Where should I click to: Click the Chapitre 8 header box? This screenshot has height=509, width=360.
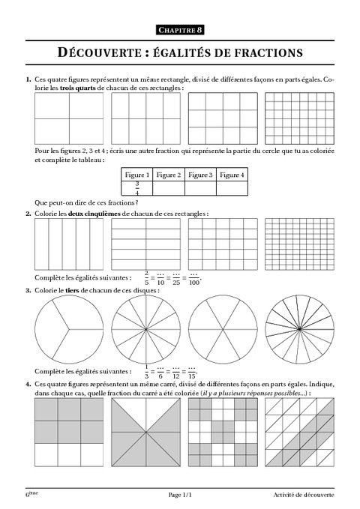click(180, 29)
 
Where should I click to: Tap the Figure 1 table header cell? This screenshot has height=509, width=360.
click(136, 175)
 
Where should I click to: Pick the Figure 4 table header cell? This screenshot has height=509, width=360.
click(232, 175)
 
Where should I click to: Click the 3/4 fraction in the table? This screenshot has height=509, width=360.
click(136, 187)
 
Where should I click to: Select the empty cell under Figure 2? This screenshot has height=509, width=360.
click(168, 187)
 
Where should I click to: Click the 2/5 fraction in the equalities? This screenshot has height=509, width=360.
click(147, 277)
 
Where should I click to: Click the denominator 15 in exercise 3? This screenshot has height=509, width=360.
click(192, 376)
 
